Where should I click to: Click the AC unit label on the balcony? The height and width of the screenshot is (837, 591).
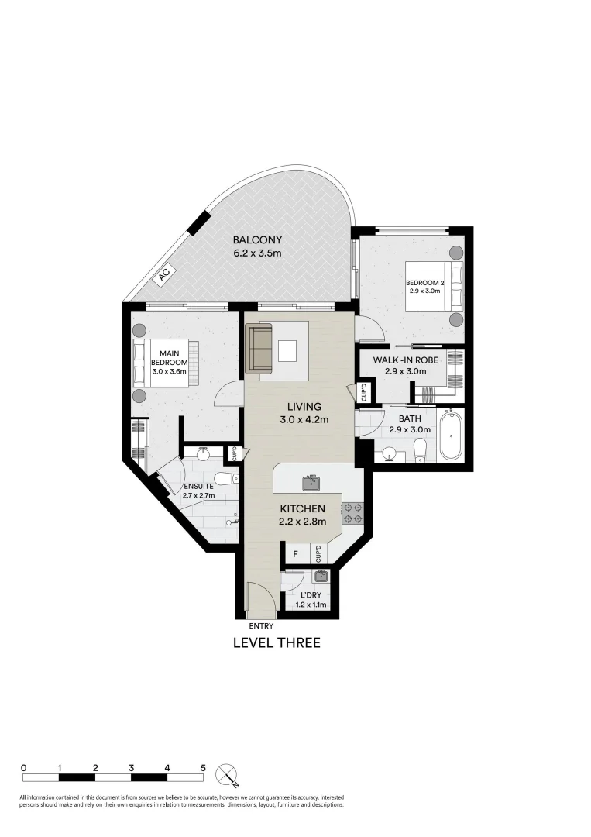(x=164, y=274)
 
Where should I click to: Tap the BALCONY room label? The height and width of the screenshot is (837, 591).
(x=257, y=239)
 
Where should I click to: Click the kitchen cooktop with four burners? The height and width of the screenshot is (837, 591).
(x=352, y=511)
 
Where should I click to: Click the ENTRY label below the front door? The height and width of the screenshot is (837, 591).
(x=260, y=625)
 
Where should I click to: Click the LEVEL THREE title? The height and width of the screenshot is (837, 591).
(x=277, y=642)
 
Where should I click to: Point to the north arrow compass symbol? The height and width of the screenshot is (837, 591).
(x=228, y=773)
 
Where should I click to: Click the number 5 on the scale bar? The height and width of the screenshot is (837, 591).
(x=204, y=767)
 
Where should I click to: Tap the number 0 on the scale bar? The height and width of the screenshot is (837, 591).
(x=24, y=767)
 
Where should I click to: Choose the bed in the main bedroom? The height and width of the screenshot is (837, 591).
(x=166, y=364)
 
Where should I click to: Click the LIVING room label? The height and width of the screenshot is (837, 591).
(x=304, y=406)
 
